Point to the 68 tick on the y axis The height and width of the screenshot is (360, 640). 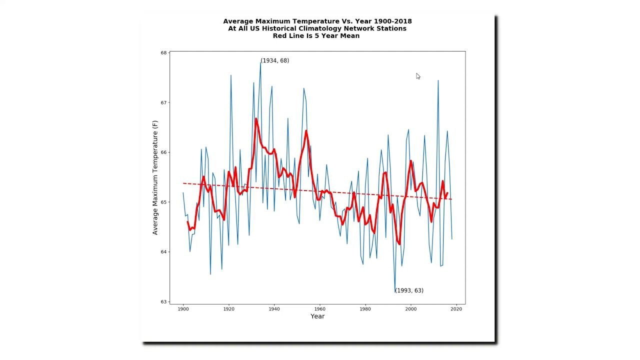(x=163, y=53)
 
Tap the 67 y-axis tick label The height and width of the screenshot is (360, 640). (x=163, y=102)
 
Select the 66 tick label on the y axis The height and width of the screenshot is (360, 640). (x=163, y=152)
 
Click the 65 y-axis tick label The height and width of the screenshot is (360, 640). (x=163, y=202)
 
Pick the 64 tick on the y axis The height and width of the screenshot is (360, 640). (x=163, y=252)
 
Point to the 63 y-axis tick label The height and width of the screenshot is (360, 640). (x=163, y=301)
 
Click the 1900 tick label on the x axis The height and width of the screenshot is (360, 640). (x=183, y=309)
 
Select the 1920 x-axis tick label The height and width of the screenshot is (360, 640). (x=228, y=309)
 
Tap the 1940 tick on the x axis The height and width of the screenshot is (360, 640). (x=274, y=309)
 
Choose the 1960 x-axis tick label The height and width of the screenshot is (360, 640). (x=319, y=309)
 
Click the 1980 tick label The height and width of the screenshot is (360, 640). (x=365, y=309)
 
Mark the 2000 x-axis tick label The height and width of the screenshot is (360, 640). (x=411, y=309)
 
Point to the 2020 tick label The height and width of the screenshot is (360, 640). (x=456, y=309)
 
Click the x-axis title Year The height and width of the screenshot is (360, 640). (x=317, y=316)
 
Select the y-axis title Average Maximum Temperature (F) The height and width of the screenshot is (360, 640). (x=155, y=177)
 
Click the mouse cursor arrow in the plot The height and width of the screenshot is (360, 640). (x=418, y=76)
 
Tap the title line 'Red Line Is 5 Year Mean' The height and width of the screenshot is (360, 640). (x=316, y=36)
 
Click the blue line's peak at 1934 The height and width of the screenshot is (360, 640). (x=260, y=62)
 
